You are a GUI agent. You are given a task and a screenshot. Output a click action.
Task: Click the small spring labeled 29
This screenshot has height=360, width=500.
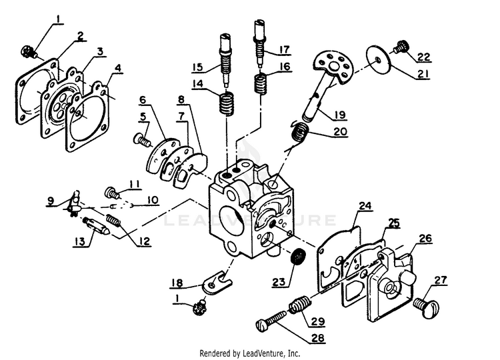(x=299, y=307)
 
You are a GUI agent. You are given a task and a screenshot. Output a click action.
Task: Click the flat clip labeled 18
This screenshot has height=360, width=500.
(x=215, y=282)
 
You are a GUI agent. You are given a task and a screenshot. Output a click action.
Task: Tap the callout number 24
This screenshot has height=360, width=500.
(x=364, y=207)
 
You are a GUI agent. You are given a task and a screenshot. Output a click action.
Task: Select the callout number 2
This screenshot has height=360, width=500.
(x=80, y=37)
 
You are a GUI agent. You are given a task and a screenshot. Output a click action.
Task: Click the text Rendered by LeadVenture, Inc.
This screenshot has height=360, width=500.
(x=250, y=353)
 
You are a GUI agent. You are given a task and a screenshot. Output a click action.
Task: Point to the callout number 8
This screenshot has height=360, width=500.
(x=181, y=100)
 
